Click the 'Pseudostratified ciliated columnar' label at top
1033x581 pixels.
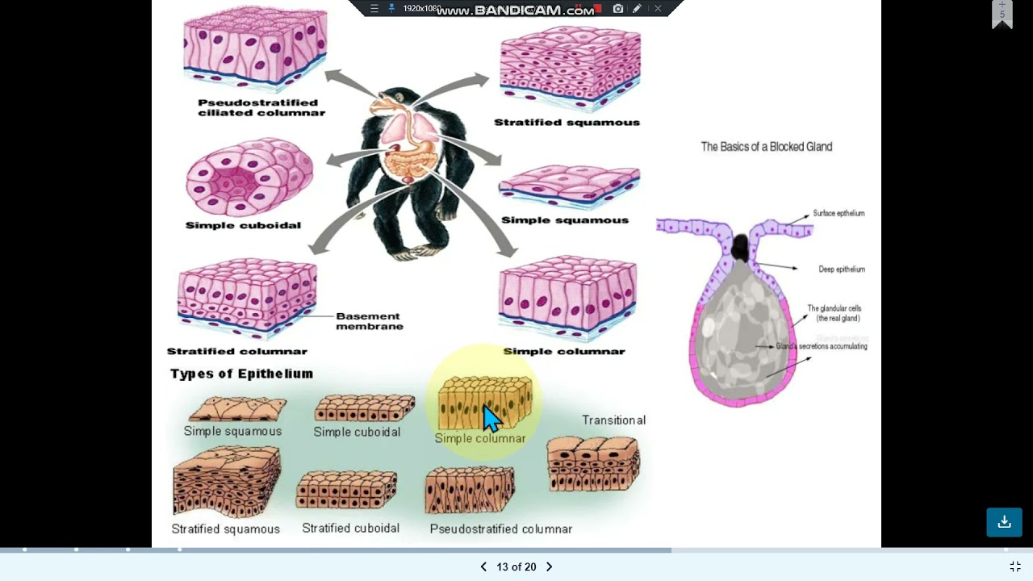point(261,107)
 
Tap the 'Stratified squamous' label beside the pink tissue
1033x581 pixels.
point(567,123)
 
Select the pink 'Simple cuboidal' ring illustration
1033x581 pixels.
point(249,177)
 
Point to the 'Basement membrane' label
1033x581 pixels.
point(369,321)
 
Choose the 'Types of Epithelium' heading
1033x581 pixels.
point(241,374)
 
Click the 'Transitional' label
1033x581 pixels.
point(613,420)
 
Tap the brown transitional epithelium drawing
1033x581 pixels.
point(593,463)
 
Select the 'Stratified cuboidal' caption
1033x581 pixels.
point(350,528)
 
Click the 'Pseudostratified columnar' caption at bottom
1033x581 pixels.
point(500,529)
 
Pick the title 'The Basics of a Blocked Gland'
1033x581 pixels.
point(766,147)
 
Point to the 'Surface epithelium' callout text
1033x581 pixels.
point(839,214)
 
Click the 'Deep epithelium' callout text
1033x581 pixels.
point(842,270)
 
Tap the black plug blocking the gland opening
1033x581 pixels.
point(740,248)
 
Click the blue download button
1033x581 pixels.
point(1004,522)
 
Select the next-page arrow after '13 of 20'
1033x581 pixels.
point(549,566)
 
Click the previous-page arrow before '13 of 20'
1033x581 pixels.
point(483,566)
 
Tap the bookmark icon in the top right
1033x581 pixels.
point(1002,15)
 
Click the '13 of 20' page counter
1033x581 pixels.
point(516,566)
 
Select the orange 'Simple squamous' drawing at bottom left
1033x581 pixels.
point(236,409)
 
